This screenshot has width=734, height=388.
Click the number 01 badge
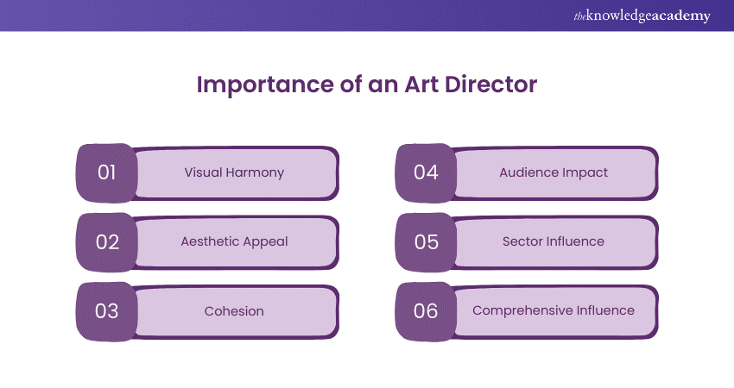pyautogui.click(x=106, y=172)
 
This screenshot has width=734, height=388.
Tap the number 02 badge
pyautogui.click(x=106, y=242)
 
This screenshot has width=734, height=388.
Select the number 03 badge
pyautogui.click(x=106, y=311)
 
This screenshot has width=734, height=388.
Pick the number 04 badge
pyautogui.click(x=426, y=172)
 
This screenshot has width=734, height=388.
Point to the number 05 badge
pyautogui.click(x=426, y=242)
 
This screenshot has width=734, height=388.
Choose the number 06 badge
pyautogui.click(x=426, y=311)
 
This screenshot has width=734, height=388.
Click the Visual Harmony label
pyautogui.click(x=234, y=172)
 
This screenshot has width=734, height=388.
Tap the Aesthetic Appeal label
pyautogui.click(x=234, y=241)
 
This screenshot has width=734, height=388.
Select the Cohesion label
pyautogui.click(x=234, y=310)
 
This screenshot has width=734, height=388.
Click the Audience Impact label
pyautogui.click(x=554, y=172)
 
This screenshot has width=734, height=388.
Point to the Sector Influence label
pyautogui.click(x=554, y=241)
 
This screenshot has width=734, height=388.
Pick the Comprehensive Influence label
pyautogui.click(x=554, y=310)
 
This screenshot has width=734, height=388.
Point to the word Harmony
pyautogui.click(x=257, y=172)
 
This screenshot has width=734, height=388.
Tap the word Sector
pyautogui.click(x=522, y=241)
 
